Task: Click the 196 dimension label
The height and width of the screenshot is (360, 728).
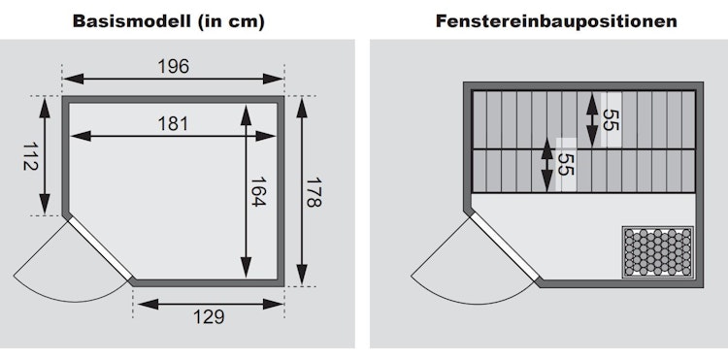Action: (173, 67)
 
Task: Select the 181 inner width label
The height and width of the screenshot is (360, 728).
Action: (173, 124)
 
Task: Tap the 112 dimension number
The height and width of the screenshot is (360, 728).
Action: (31, 156)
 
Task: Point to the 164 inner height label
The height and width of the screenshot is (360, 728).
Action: (258, 191)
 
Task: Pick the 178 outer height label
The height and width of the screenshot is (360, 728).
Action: (314, 192)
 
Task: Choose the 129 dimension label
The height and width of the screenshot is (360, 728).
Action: (209, 317)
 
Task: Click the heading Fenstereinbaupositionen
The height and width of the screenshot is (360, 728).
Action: (556, 21)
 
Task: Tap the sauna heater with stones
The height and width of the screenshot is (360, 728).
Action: (658, 252)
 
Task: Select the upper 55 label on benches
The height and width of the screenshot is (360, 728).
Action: (611, 120)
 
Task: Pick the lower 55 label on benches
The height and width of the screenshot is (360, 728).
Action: (565, 165)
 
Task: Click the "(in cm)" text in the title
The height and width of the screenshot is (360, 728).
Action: (231, 21)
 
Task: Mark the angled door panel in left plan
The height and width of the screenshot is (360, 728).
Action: (100, 249)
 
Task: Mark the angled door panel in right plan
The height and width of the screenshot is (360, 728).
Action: (506, 248)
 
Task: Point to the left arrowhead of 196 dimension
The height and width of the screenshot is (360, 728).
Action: (74, 79)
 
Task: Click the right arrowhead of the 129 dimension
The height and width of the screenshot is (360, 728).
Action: (273, 305)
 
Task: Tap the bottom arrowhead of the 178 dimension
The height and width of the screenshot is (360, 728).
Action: (302, 275)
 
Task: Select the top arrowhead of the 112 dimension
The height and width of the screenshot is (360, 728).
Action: (45, 108)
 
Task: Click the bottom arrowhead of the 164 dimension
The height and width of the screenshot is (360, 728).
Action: (247, 267)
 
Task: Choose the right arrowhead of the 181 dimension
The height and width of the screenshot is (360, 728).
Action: (265, 136)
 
